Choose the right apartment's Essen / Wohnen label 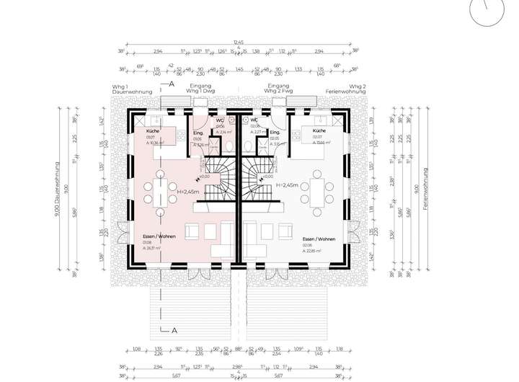[318, 239]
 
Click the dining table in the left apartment [159, 190]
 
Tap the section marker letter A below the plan [174, 330]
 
